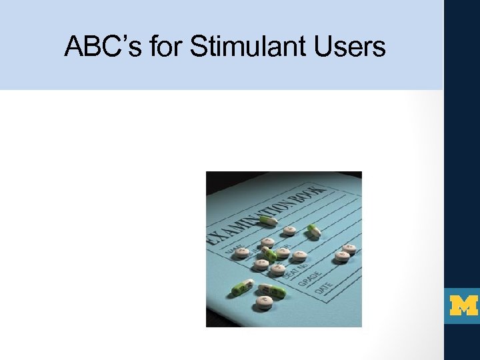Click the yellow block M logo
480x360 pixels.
[x=463, y=306]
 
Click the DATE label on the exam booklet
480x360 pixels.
[x=325, y=288]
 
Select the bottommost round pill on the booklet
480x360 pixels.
[x=265, y=303]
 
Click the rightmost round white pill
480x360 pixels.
[x=349, y=249]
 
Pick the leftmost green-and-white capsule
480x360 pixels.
[x=239, y=288]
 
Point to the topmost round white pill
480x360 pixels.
[x=290, y=231]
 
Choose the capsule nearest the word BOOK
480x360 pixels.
[x=313, y=231]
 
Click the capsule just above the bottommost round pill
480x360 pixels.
[x=273, y=290]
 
